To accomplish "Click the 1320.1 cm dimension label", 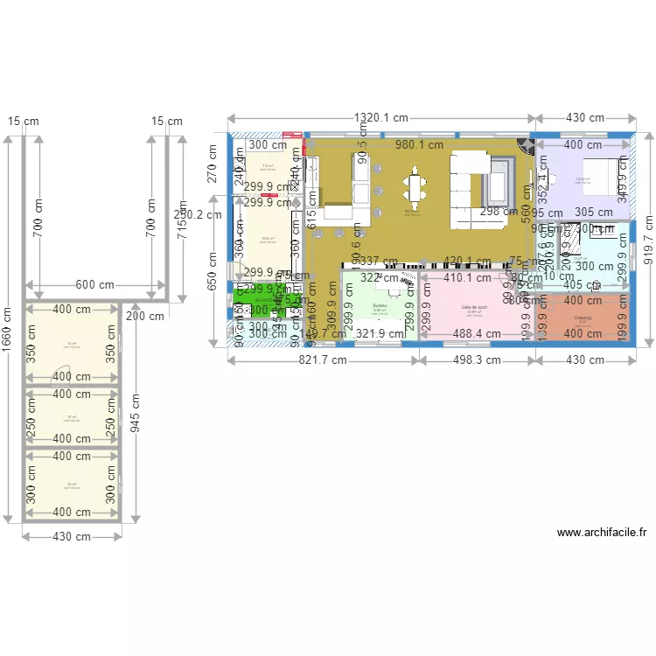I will pyautogui.click(x=381, y=118).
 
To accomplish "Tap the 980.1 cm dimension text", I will pyautogui.click(x=419, y=145).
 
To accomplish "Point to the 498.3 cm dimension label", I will pyautogui.click(x=477, y=359).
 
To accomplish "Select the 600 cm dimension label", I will pyautogui.click(x=94, y=285).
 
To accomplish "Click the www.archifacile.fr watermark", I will pyautogui.click(x=602, y=532).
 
